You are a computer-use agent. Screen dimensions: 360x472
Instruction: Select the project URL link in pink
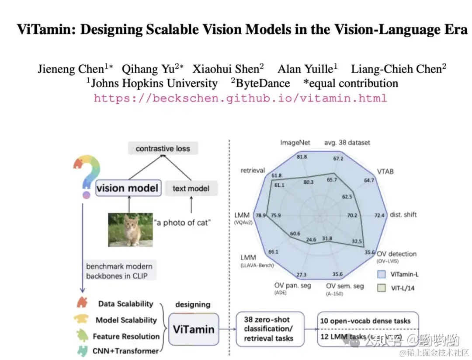(x=240, y=98)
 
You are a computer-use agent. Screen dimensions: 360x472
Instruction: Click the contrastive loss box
(x=163, y=148)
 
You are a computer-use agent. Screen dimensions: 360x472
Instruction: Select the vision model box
(x=127, y=188)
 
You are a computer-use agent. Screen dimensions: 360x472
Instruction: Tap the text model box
(x=191, y=189)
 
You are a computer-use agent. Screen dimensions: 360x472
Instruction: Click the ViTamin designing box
(x=194, y=329)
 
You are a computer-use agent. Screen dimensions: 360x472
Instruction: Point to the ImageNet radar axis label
(x=295, y=143)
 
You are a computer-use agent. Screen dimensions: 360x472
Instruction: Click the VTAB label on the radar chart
(x=385, y=171)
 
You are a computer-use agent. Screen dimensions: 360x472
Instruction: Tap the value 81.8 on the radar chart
(x=301, y=157)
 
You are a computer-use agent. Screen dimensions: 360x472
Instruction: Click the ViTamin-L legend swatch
(x=382, y=274)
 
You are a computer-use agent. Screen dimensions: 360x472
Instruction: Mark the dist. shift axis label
(x=403, y=214)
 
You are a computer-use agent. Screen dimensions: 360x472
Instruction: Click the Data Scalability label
(x=126, y=304)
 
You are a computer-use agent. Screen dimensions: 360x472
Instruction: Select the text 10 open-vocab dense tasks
(x=365, y=321)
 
